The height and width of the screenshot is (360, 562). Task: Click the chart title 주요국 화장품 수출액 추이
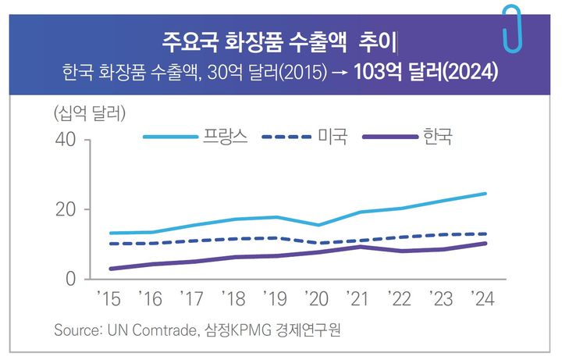point(280,39)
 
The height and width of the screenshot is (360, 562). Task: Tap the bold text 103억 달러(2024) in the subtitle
point(426,72)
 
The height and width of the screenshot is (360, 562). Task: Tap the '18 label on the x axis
point(233,298)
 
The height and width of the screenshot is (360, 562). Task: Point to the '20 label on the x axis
point(318,298)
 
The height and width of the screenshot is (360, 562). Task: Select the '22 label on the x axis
point(402,298)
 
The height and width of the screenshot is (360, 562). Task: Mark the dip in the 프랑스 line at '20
point(318,225)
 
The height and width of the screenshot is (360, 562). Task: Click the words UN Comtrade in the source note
point(157,330)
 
